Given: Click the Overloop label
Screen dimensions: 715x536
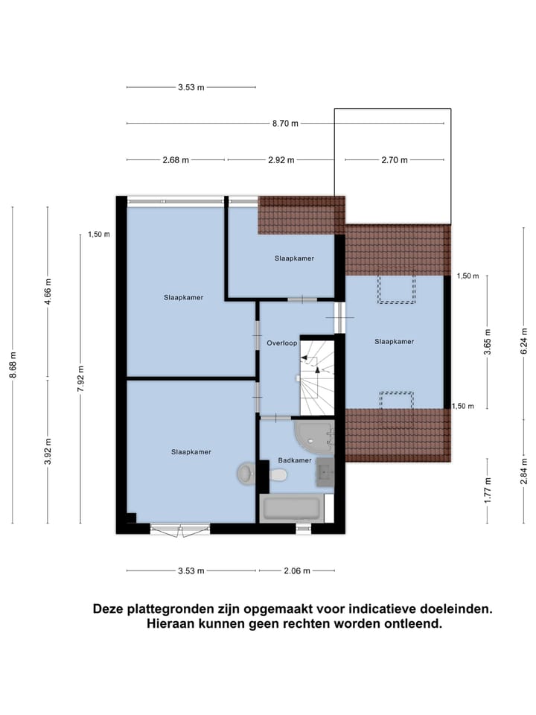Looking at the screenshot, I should pyautogui.click(x=281, y=343).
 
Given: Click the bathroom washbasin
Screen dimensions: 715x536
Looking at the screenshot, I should pyautogui.click(x=325, y=471).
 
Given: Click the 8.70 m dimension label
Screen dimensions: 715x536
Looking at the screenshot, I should pyautogui.click(x=284, y=124).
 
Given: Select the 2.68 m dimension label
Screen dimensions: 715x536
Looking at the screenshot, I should pyautogui.click(x=176, y=160).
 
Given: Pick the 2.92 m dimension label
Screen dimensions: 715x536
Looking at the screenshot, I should pyautogui.click(x=281, y=160).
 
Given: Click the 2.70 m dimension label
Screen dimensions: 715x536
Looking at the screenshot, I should pyautogui.click(x=395, y=160).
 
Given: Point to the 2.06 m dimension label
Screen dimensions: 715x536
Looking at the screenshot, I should pyautogui.click(x=297, y=571).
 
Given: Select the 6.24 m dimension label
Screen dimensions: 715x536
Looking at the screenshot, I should pyautogui.click(x=524, y=345).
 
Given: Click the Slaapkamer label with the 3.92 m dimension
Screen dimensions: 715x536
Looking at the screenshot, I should pyautogui.click(x=191, y=452).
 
